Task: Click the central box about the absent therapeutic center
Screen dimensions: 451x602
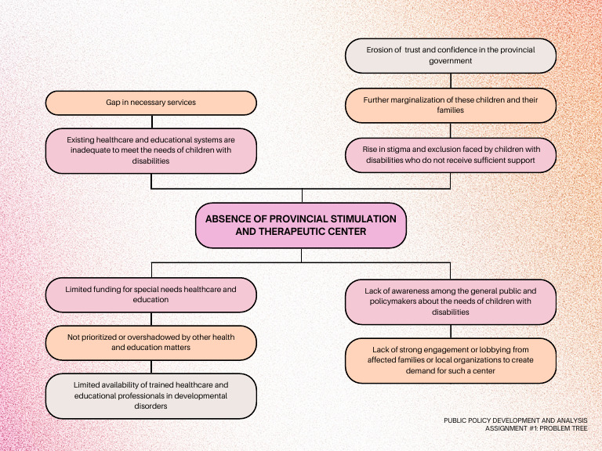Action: tap(301, 225)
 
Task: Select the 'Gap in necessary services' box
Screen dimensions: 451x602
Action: tap(151, 103)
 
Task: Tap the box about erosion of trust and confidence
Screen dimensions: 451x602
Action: tap(451, 55)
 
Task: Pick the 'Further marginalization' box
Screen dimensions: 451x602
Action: tap(451, 105)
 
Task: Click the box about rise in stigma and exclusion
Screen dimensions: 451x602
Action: tap(451, 154)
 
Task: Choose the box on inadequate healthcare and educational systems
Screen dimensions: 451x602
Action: tap(151, 150)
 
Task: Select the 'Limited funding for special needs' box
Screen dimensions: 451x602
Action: tap(151, 294)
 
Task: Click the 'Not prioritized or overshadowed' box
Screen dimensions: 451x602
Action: tap(151, 342)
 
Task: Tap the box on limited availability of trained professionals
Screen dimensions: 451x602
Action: tap(151, 395)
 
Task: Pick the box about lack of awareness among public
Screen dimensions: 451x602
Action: tap(451, 301)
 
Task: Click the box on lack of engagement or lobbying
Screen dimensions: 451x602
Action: tap(451, 360)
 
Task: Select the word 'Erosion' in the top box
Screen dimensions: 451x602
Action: tap(382, 49)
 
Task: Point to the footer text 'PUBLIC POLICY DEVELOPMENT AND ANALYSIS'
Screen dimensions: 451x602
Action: tap(515, 420)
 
